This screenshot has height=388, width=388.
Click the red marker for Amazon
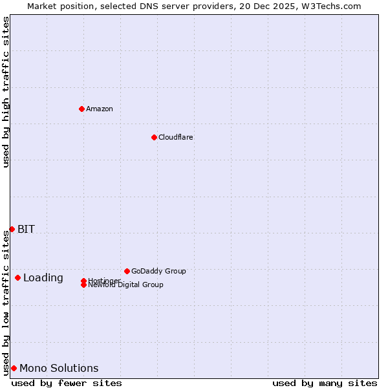(x=81, y=109)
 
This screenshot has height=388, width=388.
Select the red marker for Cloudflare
(x=154, y=137)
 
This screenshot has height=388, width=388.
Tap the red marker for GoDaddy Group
(x=127, y=271)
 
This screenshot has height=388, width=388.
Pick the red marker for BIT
(x=12, y=229)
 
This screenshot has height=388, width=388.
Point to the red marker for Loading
(x=17, y=277)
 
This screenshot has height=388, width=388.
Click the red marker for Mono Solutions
(x=14, y=368)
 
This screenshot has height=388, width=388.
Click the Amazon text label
(x=100, y=109)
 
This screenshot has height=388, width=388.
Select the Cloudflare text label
(x=176, y=137)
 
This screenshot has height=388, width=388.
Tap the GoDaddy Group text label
(x=158, y=271)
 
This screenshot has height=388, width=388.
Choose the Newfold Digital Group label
(x=126, y=285)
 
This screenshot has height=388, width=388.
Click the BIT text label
(x=26, y=229)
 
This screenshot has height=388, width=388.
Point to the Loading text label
(x=43, y=278)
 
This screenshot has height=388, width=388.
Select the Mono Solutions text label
(x=59, y=369)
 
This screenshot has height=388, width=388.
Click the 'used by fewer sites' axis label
(x=67, y=383)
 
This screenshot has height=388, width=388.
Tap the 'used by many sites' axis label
(x=325, y=383)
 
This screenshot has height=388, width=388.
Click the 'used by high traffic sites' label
(x=6, y=92)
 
